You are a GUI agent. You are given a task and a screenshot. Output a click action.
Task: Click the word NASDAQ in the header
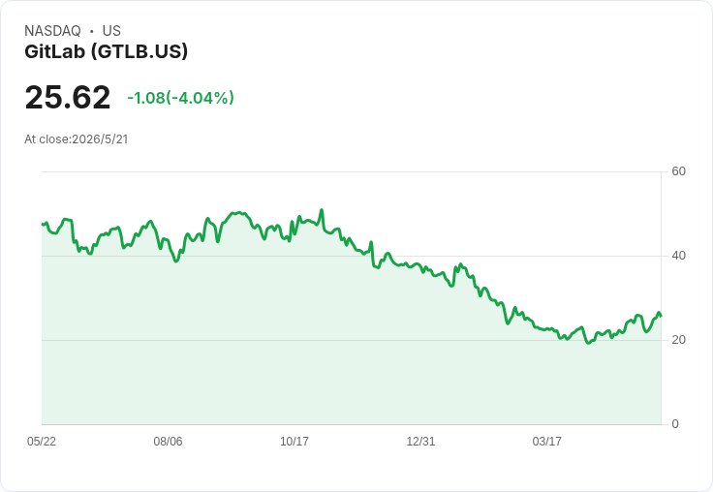[x=52, y=31]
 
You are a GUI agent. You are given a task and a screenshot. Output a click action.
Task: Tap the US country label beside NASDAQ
[x=111, y=31]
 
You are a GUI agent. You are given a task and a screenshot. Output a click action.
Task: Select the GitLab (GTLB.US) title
[x=106, y=51]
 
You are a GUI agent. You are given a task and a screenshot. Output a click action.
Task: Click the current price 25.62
[x=68, y=97]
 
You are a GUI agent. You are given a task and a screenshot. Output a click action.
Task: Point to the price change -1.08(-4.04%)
[x=180, y=98]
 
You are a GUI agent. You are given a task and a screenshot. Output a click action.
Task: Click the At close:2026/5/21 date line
[x=77, y=139]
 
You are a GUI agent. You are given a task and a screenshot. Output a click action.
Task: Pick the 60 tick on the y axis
[x=678, y=171]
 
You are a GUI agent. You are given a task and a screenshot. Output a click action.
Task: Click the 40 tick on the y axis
[x=678, y=256]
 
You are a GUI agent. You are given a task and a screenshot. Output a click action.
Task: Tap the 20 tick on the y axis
[x=678, y=340]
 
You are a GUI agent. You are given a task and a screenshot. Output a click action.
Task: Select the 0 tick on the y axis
[x=675, y=424]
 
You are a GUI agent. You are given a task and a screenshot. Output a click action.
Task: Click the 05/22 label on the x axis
[x=42, y=442]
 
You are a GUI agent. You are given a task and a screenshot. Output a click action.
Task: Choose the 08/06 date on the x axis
[x=168, y=442]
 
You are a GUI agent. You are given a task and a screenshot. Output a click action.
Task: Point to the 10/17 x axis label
[x=294, y=442]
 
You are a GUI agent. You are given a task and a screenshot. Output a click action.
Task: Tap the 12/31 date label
[x=420, y=442]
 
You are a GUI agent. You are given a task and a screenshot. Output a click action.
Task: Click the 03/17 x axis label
[x=547, y=442]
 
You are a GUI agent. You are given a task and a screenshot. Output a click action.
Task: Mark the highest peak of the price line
[x=322, y=209]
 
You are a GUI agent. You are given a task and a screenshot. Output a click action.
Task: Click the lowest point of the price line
[x=588, y=343]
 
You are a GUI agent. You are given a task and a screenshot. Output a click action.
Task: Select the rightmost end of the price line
[x=661, y=316]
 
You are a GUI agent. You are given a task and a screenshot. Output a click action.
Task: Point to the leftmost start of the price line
[x=43, y=224]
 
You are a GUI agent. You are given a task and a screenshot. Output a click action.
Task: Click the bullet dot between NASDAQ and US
[x=92, y=31]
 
